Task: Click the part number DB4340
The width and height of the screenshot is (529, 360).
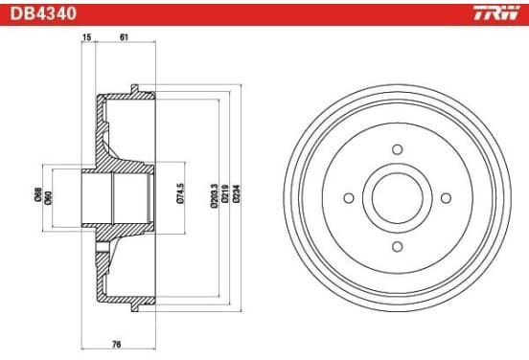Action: point(43,13)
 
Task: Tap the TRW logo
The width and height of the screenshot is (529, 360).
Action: point(496,13)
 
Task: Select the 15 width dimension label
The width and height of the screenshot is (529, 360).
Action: point(86,37)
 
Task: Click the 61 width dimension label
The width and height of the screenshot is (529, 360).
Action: point(124,37)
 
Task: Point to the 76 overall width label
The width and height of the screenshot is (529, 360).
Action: point(116,345)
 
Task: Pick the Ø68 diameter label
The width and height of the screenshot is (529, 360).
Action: point(38,194)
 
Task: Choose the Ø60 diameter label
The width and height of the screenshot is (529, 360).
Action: point(49,198)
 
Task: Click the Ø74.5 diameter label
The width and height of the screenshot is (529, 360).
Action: point(180,193)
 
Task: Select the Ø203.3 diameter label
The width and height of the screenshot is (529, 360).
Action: point(214,196)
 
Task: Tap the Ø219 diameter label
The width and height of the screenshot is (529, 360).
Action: point(225,193)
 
